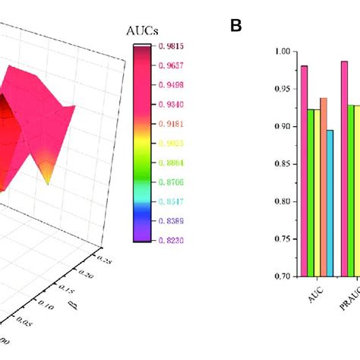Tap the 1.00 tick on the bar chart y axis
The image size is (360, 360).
click(x=283, y=52)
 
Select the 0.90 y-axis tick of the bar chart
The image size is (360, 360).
click(x=283, y=127)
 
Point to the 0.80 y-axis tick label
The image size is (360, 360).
click(x=283, y=202)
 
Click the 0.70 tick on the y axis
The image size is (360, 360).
click(x=283, y=276)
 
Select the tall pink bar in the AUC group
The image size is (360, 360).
click(x=305, y=171)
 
